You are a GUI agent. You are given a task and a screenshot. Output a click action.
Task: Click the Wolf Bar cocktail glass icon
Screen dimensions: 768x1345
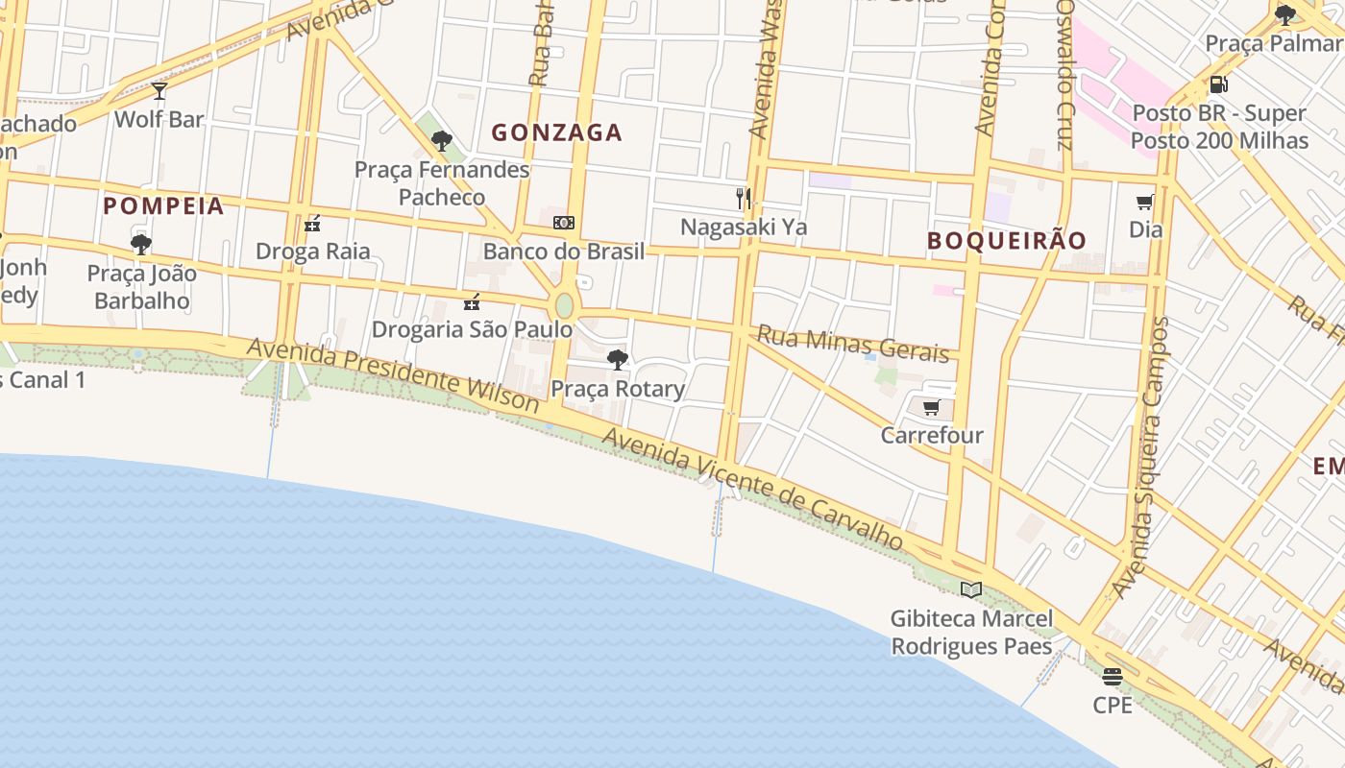[x=159, y=91]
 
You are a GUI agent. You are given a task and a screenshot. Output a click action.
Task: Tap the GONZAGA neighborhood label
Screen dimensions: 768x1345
[x=557, y=132]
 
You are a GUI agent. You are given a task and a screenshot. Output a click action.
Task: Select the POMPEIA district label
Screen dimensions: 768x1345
[x=163, y=205]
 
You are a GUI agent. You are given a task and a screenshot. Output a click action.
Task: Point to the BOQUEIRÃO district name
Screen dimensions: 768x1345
[x=1006, y=240]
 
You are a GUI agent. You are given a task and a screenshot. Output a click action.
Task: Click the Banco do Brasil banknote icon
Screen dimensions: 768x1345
[x=564, y=223]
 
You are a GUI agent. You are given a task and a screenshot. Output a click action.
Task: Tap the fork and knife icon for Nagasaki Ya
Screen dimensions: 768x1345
[x=743, y=199]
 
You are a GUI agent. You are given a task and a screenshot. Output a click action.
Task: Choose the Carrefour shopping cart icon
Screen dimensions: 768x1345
[x=931, y=408]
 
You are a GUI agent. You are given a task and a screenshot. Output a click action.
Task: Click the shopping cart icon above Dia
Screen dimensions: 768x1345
[x=1144, y=202]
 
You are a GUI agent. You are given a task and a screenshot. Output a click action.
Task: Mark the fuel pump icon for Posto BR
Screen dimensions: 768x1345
[x=1218, y=84]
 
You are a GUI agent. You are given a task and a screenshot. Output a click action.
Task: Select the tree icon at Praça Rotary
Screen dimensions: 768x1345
[x=618, y=360]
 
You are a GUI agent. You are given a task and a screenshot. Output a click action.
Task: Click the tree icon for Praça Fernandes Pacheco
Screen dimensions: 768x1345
[x=442, y=141]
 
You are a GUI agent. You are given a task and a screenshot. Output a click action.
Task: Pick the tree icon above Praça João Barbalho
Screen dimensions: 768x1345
[x=141, y=245]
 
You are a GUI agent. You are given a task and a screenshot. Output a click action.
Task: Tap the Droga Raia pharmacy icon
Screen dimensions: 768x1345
[x=312, y=224]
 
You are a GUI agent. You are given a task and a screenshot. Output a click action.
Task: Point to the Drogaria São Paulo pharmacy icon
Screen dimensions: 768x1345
[x=472, y=302]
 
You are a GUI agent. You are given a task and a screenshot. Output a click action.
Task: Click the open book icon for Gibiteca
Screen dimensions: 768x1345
[x=971, y=589]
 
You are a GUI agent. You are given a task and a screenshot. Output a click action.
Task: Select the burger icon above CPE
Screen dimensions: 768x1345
[x=1113, y=677]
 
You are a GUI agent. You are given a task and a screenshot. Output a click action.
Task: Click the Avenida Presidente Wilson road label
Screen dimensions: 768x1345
[x=393, y=373]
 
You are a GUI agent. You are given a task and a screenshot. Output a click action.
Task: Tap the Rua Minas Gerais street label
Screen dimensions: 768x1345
[x=853, y=343]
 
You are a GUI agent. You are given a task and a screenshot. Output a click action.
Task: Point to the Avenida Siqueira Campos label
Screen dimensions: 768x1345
[x=1143, y=458]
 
